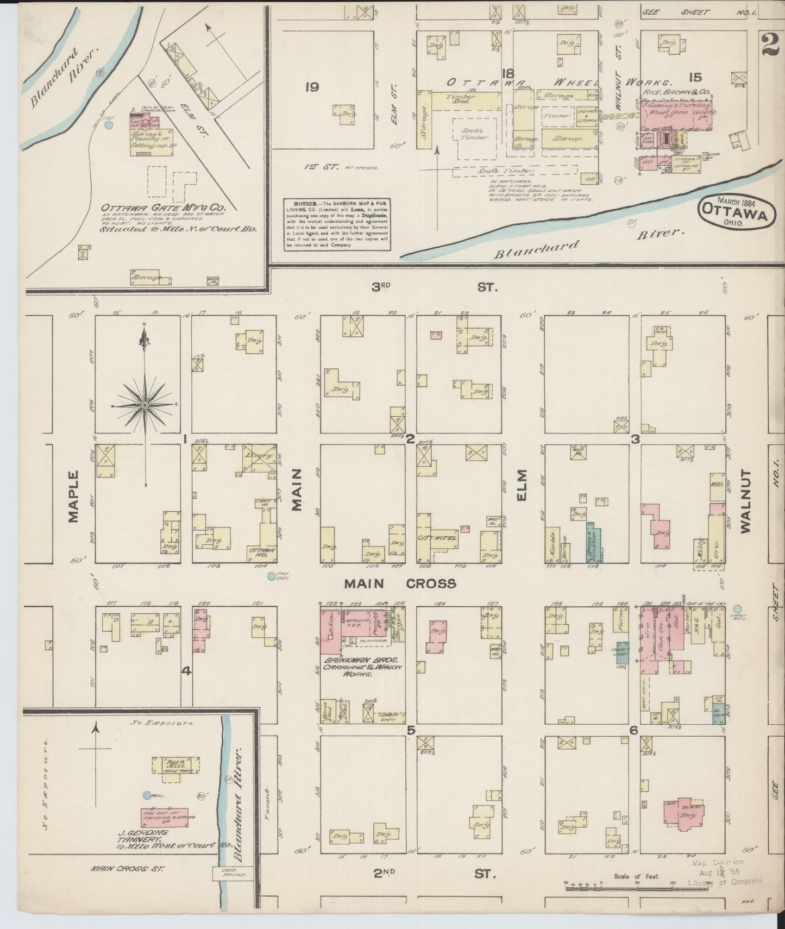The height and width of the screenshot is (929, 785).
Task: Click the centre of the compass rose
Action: click(x=145, y=405)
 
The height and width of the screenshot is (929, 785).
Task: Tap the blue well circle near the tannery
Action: click(x=146, y=795)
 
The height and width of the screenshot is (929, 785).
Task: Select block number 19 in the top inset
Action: click(x=311, y=87)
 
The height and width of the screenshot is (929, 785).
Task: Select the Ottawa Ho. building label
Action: click(x=262, y=553)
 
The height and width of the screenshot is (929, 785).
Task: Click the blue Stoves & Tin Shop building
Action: click(x=593, y=543)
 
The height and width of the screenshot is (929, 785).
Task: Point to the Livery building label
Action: click(x=259, y=455)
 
